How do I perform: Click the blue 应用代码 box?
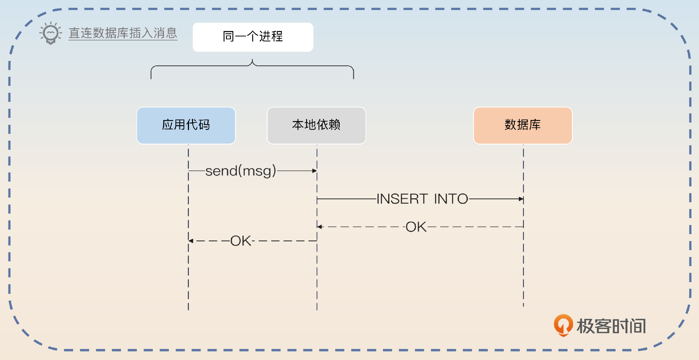[x=186, y=125]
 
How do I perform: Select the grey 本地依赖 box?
[x=316, y=125]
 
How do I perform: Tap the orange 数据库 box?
[x=522, y=125]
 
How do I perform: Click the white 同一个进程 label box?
[x=253, y=37]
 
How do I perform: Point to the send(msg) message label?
[x=241, y=171]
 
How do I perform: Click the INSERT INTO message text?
[x=422, y=199]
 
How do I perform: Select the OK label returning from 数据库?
[x=416, y=227]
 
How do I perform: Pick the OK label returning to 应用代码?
[x=241, y=241]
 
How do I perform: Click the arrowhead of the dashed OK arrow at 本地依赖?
[x=320, y=227]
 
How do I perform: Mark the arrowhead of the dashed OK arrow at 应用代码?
[x=191, y=241]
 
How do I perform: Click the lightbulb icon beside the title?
[x=51, y=33]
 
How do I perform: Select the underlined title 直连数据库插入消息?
[x=123, y=33]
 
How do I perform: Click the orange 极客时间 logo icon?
[x=563, y=325]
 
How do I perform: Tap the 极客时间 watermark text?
[x=611, y=326]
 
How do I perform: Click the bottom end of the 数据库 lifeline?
[x=524, y=306]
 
